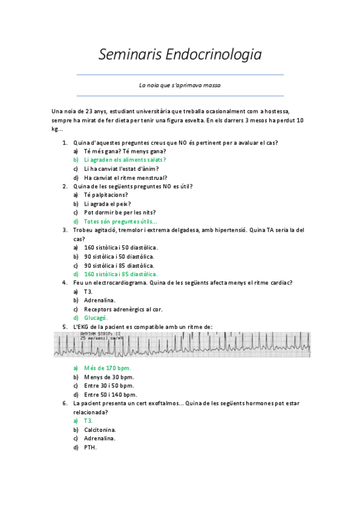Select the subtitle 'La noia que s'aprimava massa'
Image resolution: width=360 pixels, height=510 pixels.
point(180,85)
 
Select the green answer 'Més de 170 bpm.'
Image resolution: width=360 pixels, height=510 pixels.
point(108,367)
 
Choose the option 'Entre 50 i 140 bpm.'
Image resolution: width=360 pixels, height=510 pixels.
point(110,394)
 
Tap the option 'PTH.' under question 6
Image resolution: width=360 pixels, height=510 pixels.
point(90,447)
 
